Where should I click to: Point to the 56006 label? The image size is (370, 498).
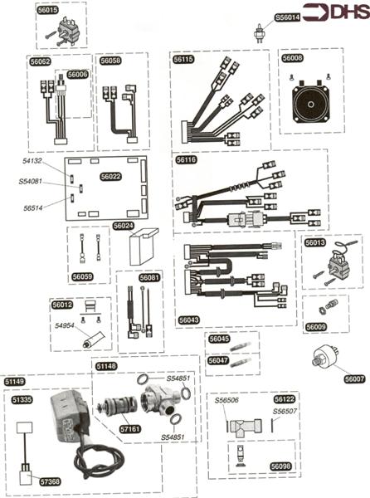pyautogui.click(x=77, y=75)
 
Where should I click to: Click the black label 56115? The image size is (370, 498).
pyautogui.click(x=184, y=60)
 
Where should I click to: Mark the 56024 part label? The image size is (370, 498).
pyautogui.click(x=123, y=226)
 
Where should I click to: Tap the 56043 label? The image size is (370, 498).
pyautogui.click(x=189, y=319)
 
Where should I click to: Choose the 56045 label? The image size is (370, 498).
pyautogui.click(x=219, y=339)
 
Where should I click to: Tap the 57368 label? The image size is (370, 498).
pyautogui.click(x=51, y=481)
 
